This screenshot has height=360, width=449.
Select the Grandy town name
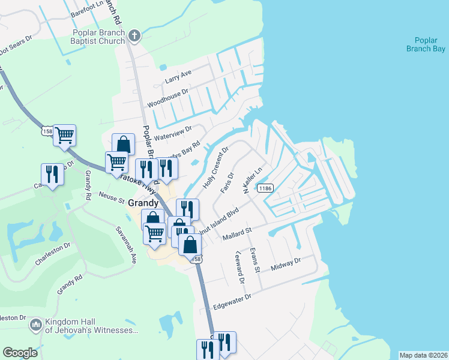[x=143, y=203]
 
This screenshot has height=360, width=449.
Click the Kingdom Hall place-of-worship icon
[x=35, y=325]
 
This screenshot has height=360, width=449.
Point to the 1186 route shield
[x=267, y=188]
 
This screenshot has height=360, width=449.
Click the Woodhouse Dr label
[x=168, y=97]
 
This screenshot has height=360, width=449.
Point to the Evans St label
[x=255, y=260]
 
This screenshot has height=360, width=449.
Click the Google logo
[x=20, y=353]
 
